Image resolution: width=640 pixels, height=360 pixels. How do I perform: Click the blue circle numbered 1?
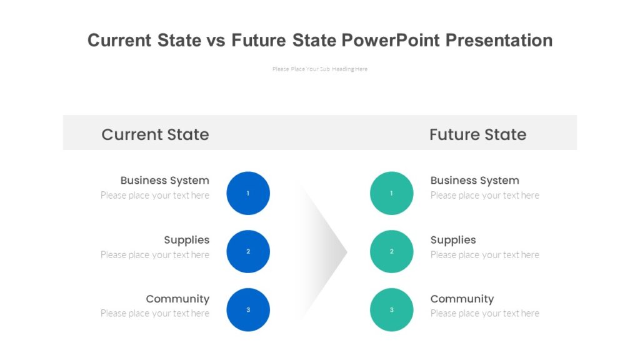pos(248,193)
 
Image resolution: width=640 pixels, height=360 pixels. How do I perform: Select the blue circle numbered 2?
pos(248,251)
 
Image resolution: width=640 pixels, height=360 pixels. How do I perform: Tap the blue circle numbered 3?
pos(248,309)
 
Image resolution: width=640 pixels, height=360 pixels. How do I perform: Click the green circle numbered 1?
pos(392,193)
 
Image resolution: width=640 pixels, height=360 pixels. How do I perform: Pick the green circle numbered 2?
pos(392,251)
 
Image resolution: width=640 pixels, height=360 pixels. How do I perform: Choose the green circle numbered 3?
pos(392,309)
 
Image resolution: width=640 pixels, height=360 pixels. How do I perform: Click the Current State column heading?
pos(155,134)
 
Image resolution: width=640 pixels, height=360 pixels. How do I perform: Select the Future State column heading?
pos(477,134)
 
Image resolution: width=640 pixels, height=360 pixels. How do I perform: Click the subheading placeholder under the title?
pos(320,69)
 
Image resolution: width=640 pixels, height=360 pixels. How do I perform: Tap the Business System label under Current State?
pos(164,181)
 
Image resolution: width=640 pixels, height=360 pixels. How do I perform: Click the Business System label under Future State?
pos(474,181)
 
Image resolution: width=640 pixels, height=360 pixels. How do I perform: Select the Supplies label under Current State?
pos(186,240)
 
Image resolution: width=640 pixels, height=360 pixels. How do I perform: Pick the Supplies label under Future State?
pos(453,240)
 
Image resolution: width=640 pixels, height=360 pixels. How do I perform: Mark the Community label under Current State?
pos(177,299)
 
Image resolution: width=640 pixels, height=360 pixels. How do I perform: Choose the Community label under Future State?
pos(462,299)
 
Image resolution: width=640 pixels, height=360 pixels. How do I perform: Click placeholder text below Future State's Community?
pos(484,314)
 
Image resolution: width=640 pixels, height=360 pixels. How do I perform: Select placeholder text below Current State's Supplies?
pos(155,255)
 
